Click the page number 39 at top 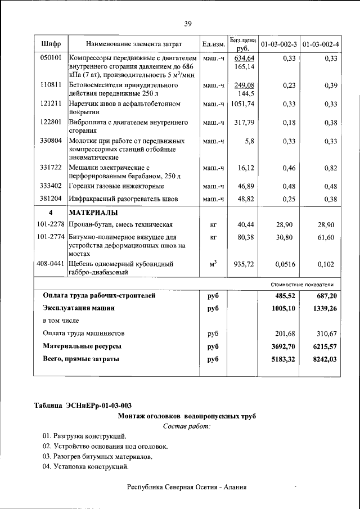click(188, 23)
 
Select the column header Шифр click(51, 44)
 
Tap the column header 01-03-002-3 click(280, 44)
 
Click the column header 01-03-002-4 click(321, 44)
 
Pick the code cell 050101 click(51, 58)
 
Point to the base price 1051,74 click(242, 104)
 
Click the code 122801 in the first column click(51, 122)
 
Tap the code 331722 click(51, 168)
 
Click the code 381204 click(51, 199)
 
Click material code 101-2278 click(51, 224)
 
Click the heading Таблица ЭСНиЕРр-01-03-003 click(83, 406)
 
